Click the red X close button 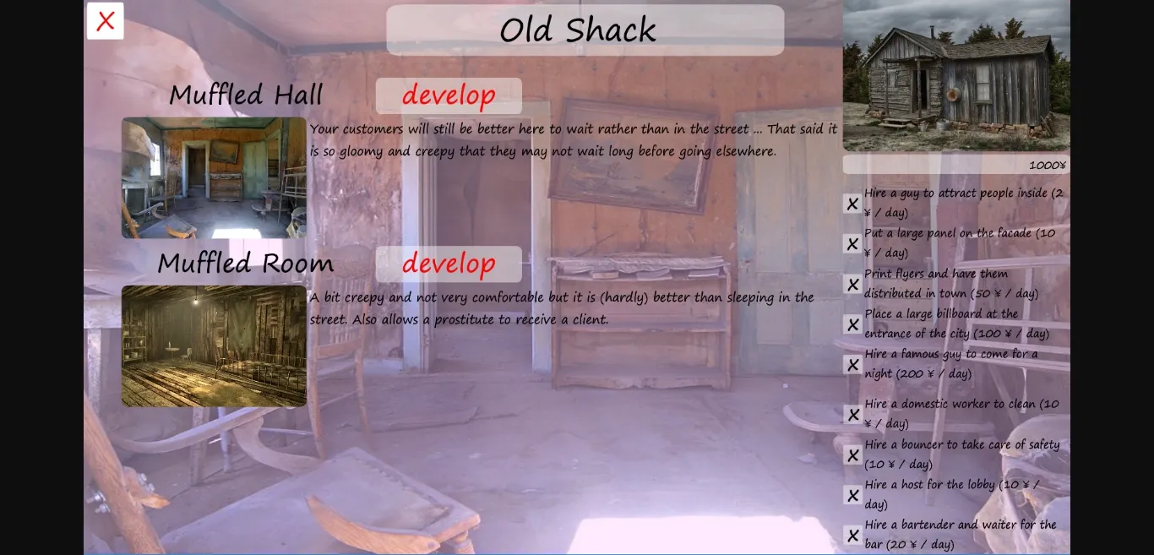[x=105, y=21]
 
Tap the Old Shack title [x=578, y=30]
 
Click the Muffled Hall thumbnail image [x=214, y=177]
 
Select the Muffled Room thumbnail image [x=214, y=346]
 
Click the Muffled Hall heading [x=246, y=95]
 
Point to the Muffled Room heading [x=245, y=264]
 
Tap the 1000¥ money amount [x=1047, y=165]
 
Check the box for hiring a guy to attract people [x=852, y=204]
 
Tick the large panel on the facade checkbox [x=852, y=244]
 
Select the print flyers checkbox [x=852, y=284]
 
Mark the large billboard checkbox [x=852, y=324]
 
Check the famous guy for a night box [x=852, y=364]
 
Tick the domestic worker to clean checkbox [x=852, y=414]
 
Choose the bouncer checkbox [x=852, y=455]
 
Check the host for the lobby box [x=852, y=495]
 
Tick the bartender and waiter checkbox [x=852, y=536]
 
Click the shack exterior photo [x=956, y=76]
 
